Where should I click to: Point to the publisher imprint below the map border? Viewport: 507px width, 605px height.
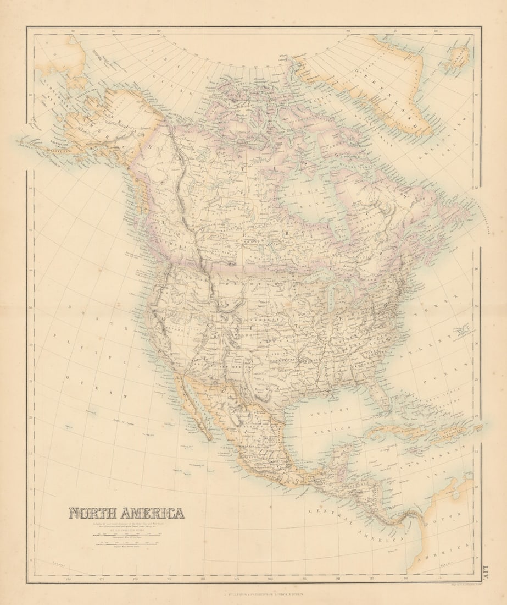point(253,593)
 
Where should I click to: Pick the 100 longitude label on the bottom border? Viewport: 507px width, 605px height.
point(270,579)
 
